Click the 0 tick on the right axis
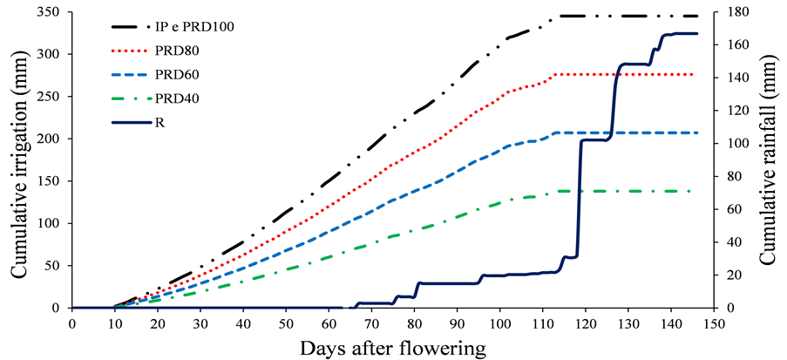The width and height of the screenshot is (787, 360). click(x=723, y=308)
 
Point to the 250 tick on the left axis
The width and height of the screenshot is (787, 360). click(x=50, y=97)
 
